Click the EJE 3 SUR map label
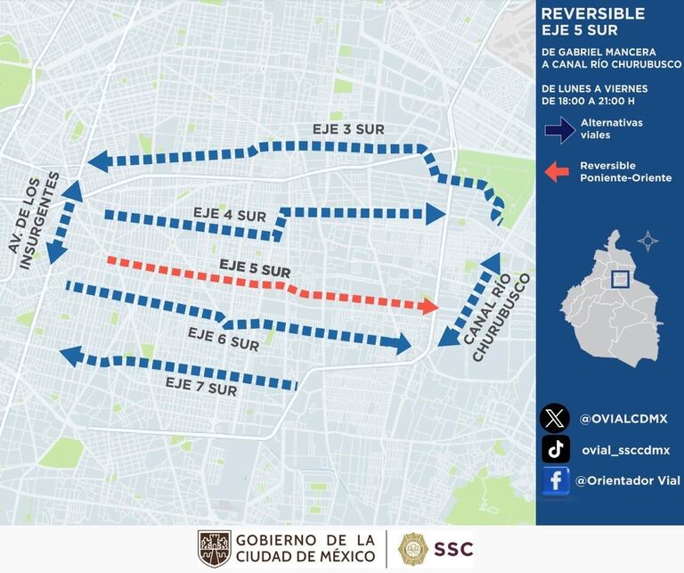coord(348,130)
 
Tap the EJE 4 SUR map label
coord(230,215)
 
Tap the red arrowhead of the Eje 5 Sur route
coord(430,307)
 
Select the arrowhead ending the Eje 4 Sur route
coord(435,213)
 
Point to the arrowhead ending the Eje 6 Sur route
coord(402,343)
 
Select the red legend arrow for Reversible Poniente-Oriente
coord(558,172)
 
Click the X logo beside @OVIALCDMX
coord(556,417)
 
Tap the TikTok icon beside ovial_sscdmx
coord(556,449)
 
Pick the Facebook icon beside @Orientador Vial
coord(556,481)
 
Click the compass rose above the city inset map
coord(647,241)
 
